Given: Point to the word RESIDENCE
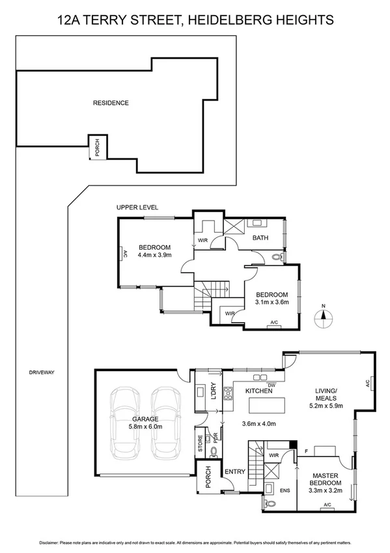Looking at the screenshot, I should pyautogui.click(x=111, y=102).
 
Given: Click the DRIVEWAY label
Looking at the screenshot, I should pyautogui.click(x=42, y=372).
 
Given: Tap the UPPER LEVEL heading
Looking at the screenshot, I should pyautogui.click(x=137, y=207).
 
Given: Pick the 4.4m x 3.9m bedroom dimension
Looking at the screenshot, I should pyautogui.click(x=154, y=256).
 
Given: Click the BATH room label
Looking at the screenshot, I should pyautogui.click(x=261, y=238).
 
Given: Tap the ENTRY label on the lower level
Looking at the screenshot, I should pyautogui.click(x=234, y=471).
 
